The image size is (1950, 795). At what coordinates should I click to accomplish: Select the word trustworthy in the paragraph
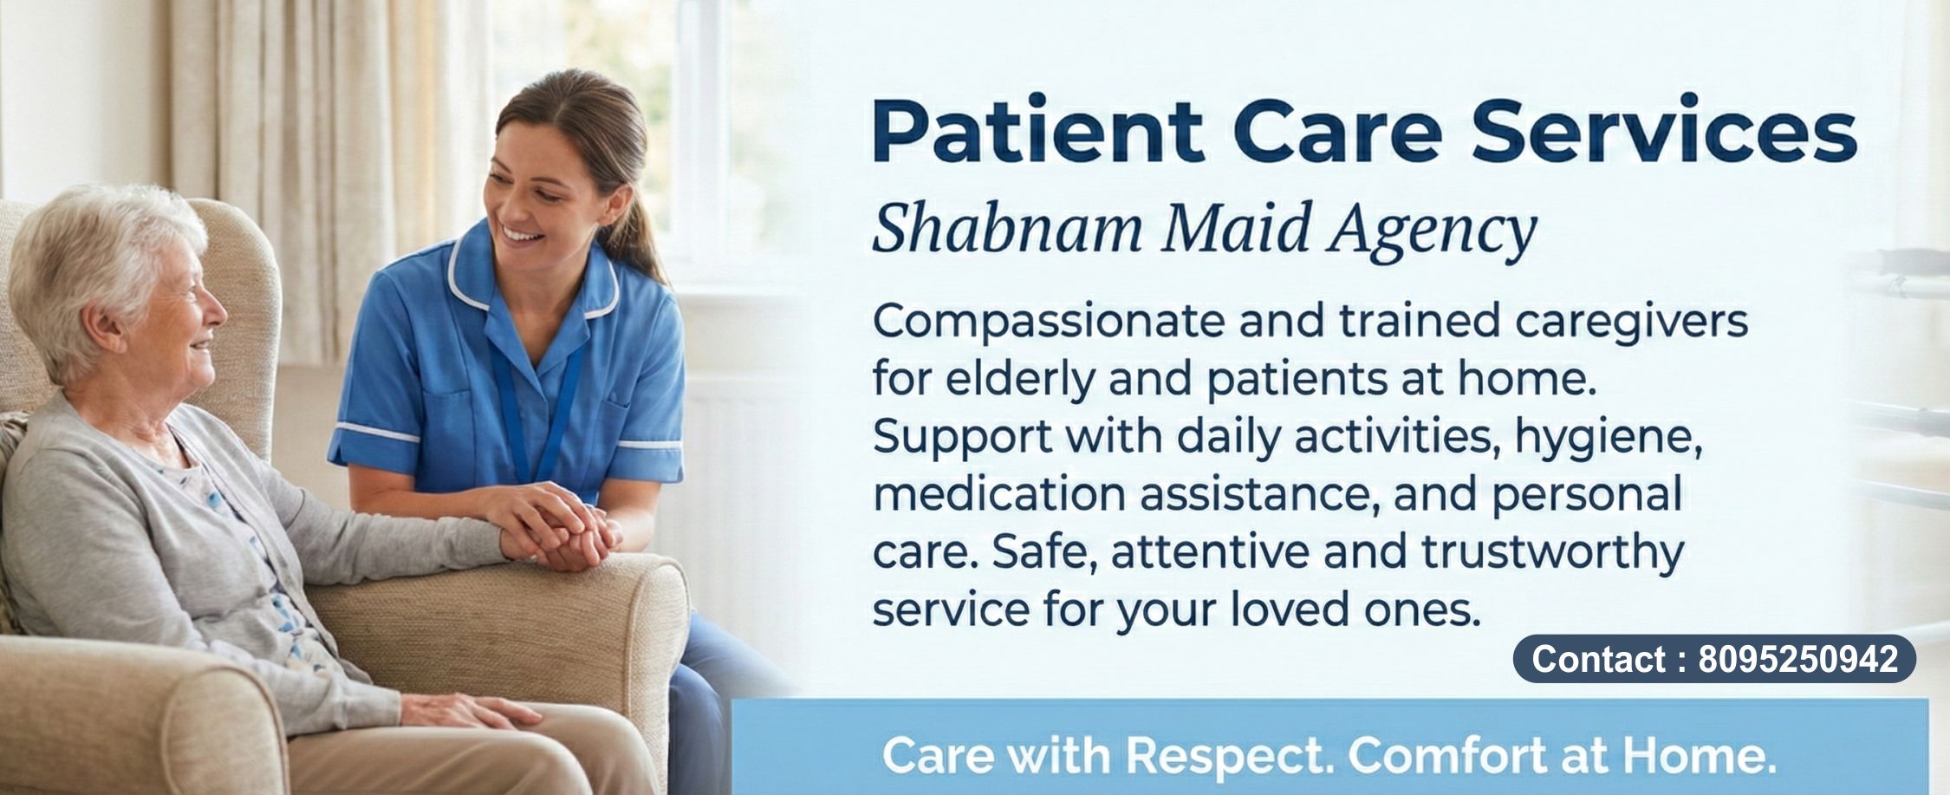pyautogui.click(x=1551, y=553)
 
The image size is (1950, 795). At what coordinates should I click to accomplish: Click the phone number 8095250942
pyautogui.click(x=1797, y=659)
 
